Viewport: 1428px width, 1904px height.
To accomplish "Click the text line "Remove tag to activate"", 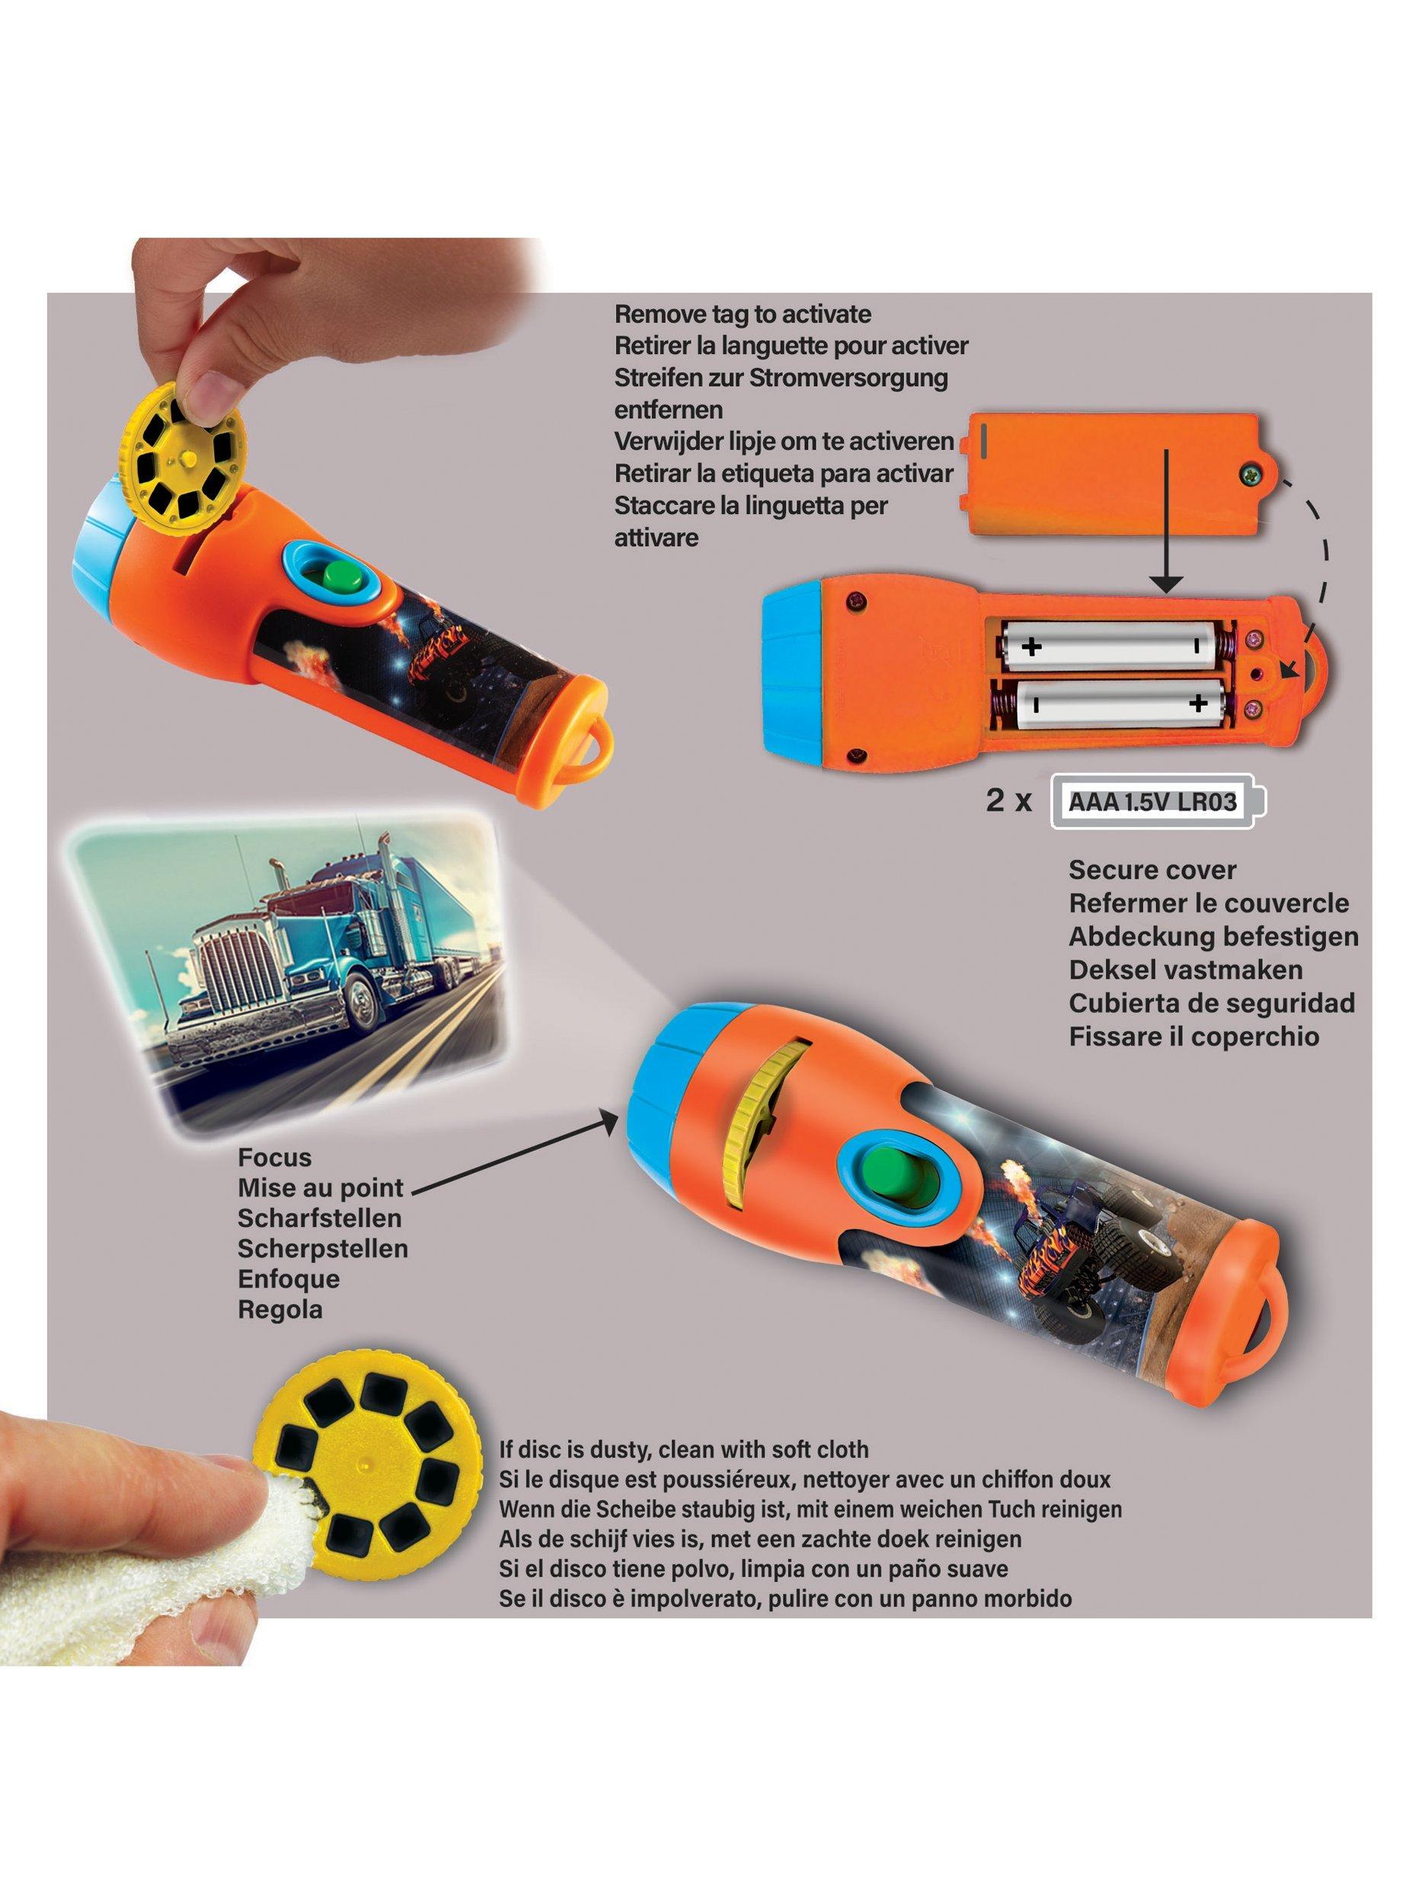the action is (x=743, y=313).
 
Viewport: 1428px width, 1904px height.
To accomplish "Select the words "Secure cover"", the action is (x=1152, y=870).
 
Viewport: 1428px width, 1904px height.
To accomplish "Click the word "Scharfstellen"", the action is (x=319, y=1218).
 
